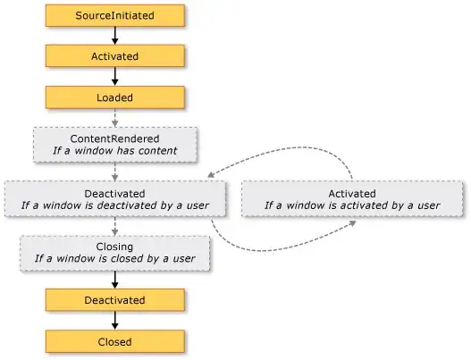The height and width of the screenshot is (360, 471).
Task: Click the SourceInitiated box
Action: coord(114,15)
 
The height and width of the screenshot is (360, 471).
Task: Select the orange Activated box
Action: coord(114,56)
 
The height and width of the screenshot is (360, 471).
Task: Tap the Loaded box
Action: coord(114,97)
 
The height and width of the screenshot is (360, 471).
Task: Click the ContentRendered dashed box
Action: coord(114,145)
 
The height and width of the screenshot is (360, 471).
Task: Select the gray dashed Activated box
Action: coord(352,198)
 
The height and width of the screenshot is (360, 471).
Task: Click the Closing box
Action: coord(114,252)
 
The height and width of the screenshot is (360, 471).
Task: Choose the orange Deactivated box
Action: coord(114,300)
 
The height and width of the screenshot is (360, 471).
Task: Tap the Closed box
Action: coord(114,341)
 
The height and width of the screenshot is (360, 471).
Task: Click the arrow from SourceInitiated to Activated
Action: coord(114,36)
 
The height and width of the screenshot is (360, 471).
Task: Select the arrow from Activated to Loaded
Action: coord(114,77)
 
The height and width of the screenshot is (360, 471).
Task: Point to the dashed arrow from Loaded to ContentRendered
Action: coord(114,118)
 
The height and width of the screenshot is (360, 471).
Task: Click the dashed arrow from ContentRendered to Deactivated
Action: coord(114,172)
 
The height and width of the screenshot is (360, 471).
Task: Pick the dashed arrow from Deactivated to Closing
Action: coord(114,225)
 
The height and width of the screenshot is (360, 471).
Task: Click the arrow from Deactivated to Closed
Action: coord(114,321)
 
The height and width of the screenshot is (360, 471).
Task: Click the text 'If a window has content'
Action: coord(114,151)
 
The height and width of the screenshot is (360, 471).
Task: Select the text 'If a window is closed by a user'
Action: coord(114,258)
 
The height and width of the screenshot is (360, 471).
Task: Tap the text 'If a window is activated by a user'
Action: coord(352,205)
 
